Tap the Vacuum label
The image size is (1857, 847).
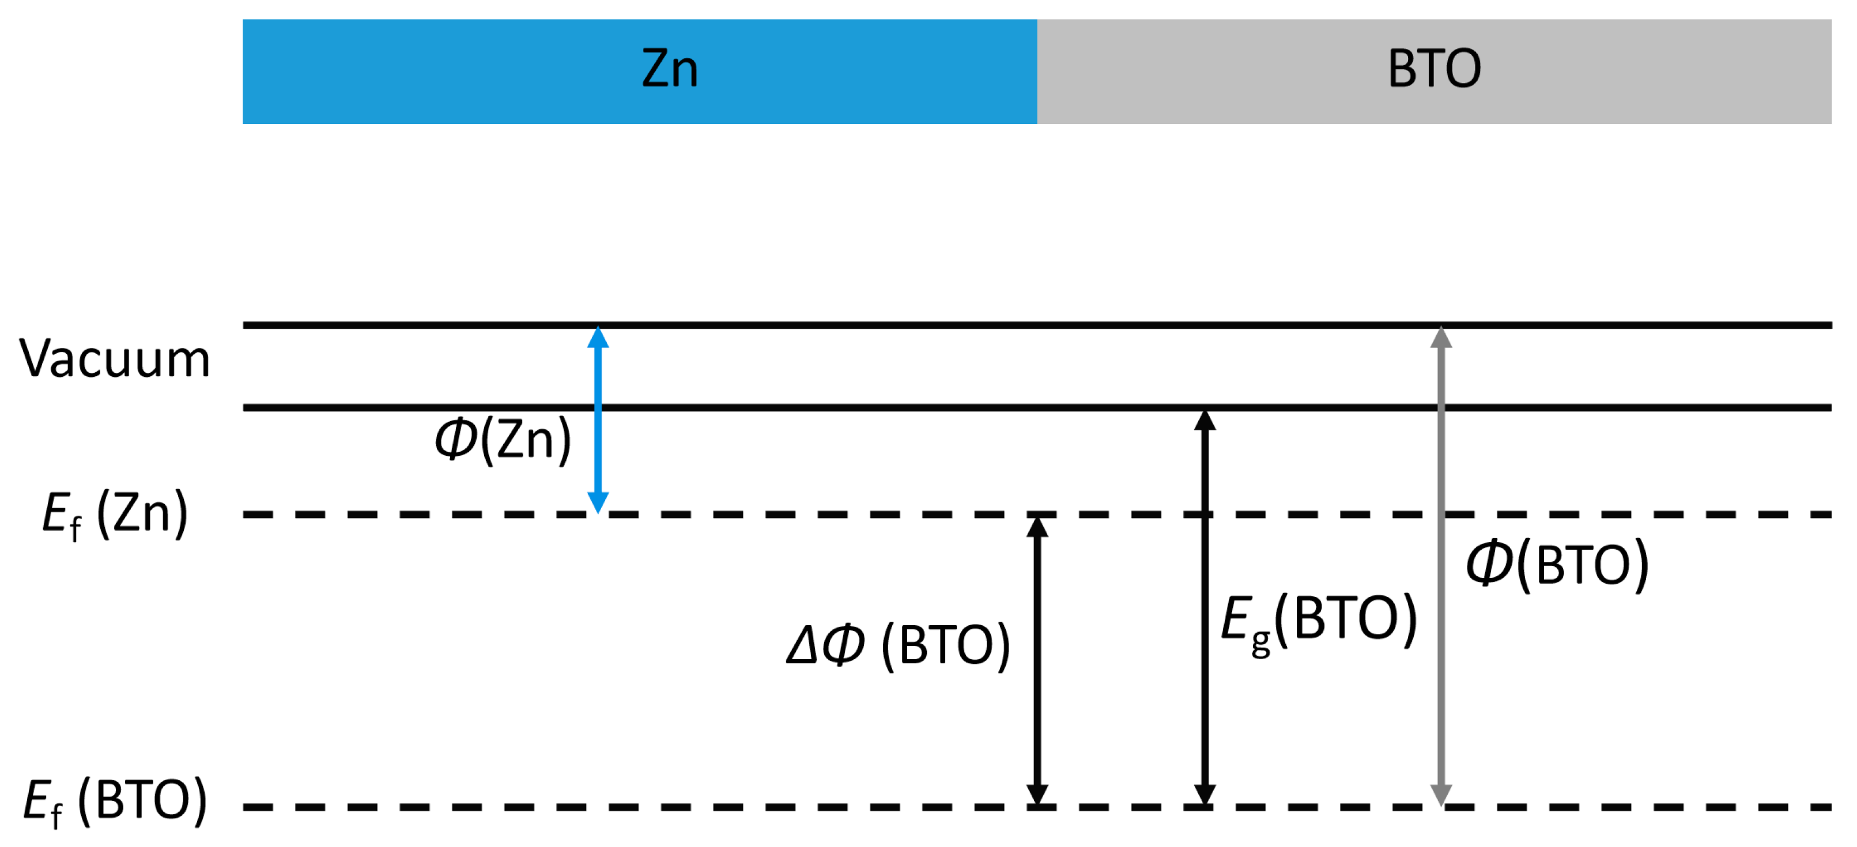pyautogui.click(x=115, y=358)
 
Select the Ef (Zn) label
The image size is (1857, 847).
pyautogui.click(x=115, y=515)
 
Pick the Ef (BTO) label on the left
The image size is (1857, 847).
pyautogui.click(x=115, y=801)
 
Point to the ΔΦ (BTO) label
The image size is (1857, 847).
pyautogui.click(x=898, y=645)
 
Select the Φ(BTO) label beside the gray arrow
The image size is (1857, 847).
pyautogui.click(x=1557, y=564)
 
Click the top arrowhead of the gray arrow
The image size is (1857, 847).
pyautogui.click(x=1440, y=337)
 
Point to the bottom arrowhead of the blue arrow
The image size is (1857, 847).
pyautogui.click(x=598, y=502)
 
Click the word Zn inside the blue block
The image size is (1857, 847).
pyautogui.click(x=670, y=69)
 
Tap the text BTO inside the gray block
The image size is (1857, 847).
pyautogui.click(x=1434, y=69)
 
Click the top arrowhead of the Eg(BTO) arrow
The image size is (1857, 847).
pyautogui.click(x=1205, y=420)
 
